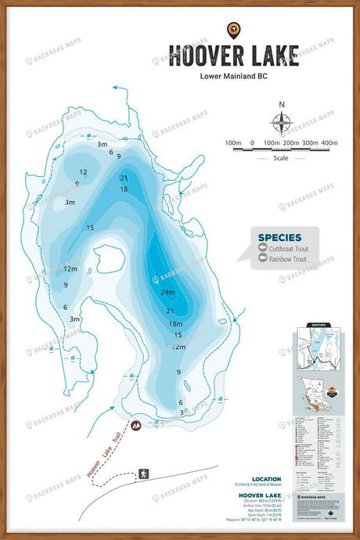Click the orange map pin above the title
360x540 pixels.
tap(232, 30)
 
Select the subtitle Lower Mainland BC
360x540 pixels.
tap(232, 76)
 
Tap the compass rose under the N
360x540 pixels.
tap(282, 123)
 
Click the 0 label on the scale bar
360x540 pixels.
tap(252, 143)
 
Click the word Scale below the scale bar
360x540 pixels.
tap(283, 157)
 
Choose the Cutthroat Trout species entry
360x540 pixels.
tap(288, 249)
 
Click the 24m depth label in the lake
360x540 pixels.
tap(167, 292)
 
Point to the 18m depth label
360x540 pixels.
tap(175, 324)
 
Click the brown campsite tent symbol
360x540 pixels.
tap(136, 426)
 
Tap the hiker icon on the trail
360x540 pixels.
tap(143, 474)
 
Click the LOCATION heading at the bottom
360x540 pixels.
tap(266, 479)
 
